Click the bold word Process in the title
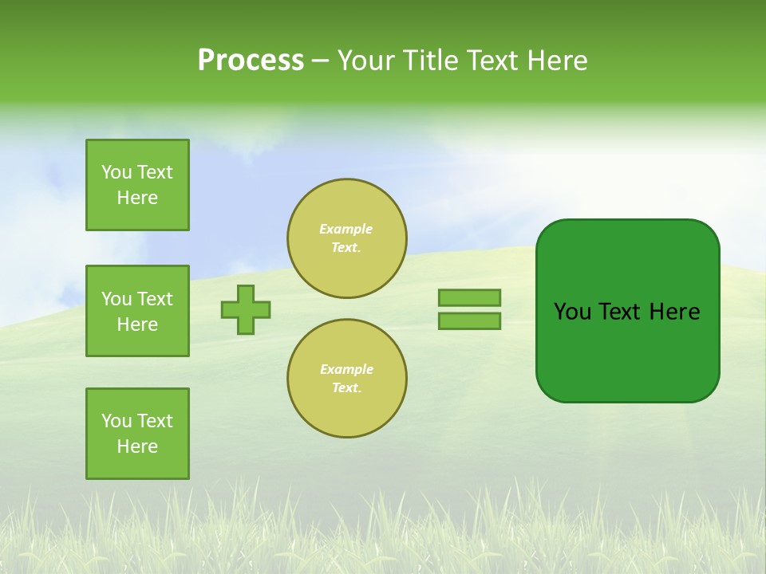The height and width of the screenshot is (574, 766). tap(251, 61)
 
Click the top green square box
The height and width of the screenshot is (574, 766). tap(137, 185)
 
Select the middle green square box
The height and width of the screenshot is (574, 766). tap(137, 311)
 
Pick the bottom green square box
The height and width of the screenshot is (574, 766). tap(137, 434)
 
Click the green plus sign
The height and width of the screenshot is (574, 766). tap(246, 309)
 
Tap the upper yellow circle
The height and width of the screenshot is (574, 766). tap(347, 238)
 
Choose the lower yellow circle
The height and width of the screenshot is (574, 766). tap(347, 379)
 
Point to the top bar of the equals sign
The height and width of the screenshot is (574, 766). tap(469, 297)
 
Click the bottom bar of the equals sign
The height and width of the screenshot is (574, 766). tap(469, 321)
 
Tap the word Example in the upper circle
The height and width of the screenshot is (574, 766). tap(346, 229)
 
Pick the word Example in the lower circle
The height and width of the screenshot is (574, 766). tap(346, 369)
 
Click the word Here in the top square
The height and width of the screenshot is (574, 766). tap(137, 198)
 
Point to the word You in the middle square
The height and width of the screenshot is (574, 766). tap(116, 299)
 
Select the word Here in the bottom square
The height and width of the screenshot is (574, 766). tap(137, 446)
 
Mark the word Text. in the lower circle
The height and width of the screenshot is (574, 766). tap(346, 388)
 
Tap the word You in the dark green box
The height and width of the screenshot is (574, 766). tap(572, 312)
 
